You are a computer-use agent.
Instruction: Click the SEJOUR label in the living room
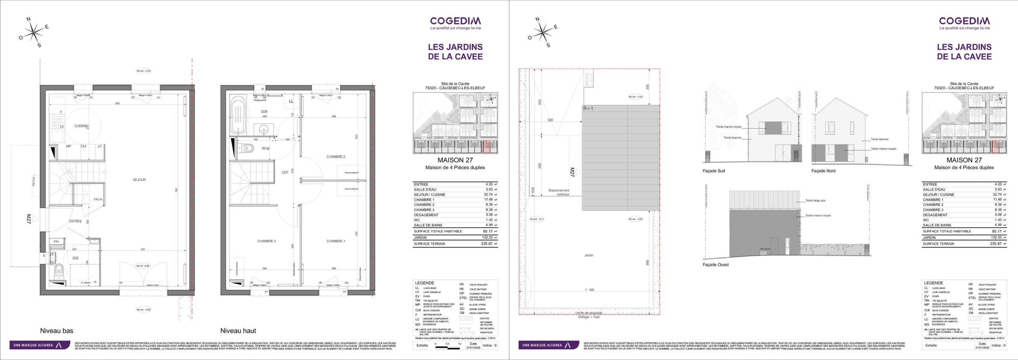tap(139, 180)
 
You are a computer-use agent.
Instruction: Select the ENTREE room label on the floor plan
tap(75, 221)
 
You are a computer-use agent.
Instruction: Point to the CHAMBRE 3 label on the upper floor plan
tap(266, 241)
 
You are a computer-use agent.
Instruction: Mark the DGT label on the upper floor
tap(285, 172)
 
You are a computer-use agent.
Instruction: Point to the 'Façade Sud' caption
tap(714, 171)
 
